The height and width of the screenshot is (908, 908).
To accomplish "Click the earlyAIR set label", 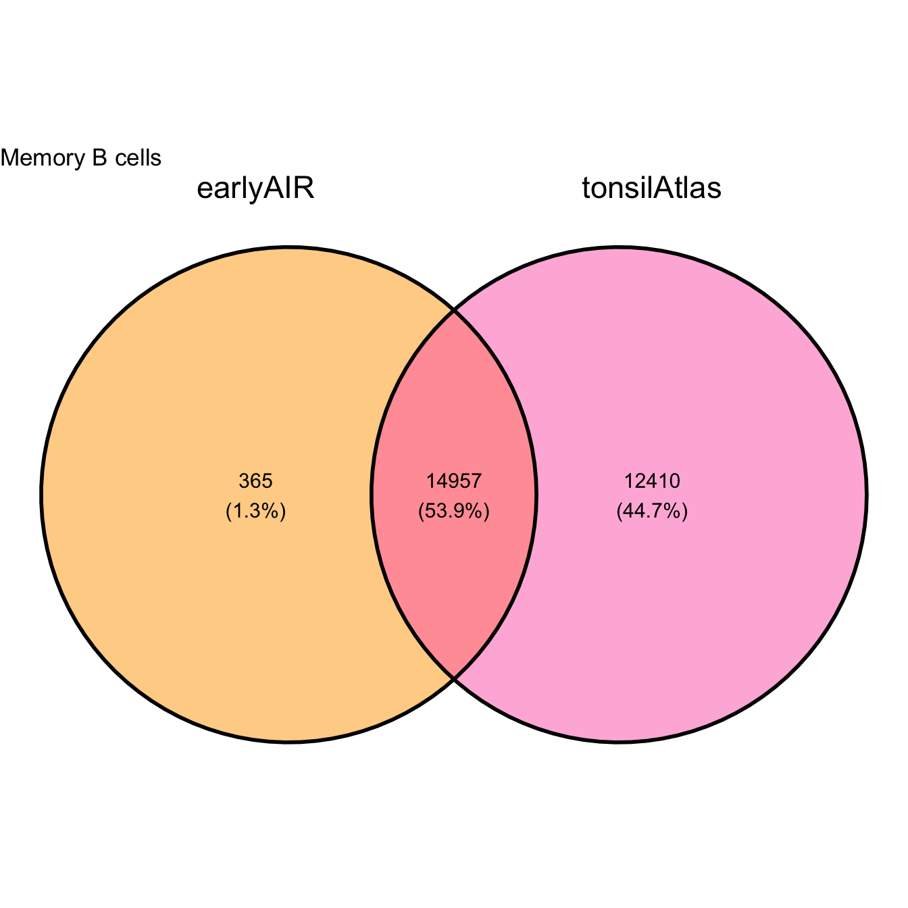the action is point(255,188).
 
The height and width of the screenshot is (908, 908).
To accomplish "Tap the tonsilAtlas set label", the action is point(652,188).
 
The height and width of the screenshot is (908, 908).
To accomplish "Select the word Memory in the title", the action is point(43,158).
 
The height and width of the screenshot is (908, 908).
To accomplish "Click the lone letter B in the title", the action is point(100,158).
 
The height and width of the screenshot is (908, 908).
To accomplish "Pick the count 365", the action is point(255,480).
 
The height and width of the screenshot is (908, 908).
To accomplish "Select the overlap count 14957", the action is point(454,480).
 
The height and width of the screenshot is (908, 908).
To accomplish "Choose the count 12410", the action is point(652,480).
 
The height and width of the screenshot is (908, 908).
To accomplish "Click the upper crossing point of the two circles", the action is point(454,311).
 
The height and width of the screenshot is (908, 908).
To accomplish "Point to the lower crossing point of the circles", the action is point(454,678).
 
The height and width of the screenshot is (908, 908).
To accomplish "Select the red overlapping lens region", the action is point(454,495).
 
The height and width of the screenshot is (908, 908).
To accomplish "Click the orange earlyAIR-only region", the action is point(207,495).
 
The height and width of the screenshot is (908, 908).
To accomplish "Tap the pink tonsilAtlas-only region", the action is point(701,495).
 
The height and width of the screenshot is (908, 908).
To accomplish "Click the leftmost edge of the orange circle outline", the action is point(41,495).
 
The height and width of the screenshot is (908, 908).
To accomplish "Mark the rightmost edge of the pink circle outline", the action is point(867,495).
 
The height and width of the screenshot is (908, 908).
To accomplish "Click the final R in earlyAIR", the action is point(305,188).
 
